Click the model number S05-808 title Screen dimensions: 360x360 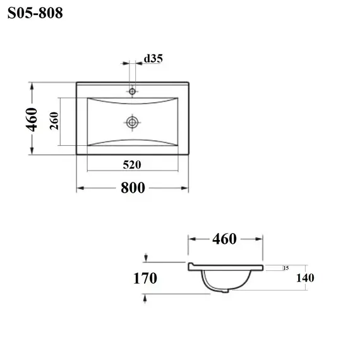click(35, 13)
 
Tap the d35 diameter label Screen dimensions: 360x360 click(153, 59)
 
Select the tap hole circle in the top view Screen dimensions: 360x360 click(132, 92)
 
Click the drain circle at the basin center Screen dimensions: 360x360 click(132, 123)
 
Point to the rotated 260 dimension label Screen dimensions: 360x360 click(54, 121)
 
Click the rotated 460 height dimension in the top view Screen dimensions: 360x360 click(32, 119)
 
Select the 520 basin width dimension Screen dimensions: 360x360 click(132, 165)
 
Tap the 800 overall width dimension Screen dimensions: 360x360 click(133, 188)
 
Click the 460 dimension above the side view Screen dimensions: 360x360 click(224, 239)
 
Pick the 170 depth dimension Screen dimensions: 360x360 click(145, 279)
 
